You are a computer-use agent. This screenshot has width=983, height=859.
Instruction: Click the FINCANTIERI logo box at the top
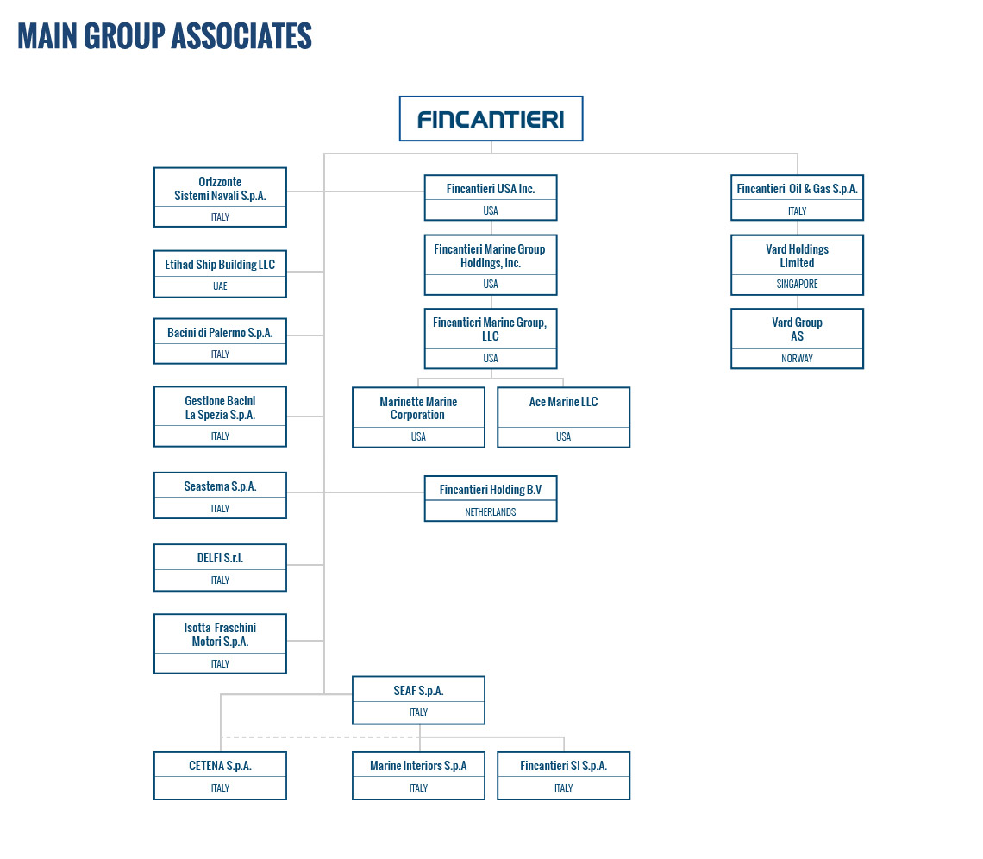[491, 118]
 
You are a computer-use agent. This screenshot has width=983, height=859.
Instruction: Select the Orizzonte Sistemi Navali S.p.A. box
[220, 197]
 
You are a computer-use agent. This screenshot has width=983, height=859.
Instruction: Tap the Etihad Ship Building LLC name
[220, 265]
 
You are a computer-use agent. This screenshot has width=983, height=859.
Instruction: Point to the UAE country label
[220, 286]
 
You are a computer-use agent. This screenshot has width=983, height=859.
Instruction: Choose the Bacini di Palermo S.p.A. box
[220, 341]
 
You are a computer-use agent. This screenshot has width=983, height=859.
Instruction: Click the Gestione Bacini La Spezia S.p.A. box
[220, 417]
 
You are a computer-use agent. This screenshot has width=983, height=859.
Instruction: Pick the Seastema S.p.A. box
[220, 495]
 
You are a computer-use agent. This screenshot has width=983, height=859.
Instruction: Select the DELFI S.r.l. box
[220, 567]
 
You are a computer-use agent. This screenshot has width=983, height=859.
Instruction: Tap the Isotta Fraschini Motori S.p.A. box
[220, 644]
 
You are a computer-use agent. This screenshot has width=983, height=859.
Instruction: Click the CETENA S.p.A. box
[220, 775]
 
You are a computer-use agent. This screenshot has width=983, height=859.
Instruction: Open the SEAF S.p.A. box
[418, 700]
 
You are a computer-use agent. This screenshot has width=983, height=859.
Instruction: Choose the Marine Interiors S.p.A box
[418, 775]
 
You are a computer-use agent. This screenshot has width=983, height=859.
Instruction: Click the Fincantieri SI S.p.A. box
[564, 775]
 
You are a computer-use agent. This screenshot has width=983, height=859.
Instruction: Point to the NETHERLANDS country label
[491, 512]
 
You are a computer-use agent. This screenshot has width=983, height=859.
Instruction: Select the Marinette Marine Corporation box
[418, 417]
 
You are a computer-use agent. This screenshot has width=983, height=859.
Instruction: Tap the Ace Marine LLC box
[564, 417]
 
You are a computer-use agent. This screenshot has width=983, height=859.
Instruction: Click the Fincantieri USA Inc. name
[491, 189]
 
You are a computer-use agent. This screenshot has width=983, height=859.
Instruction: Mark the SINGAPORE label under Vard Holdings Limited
[797, 284]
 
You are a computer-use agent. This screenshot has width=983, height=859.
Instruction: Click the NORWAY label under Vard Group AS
[797, 359]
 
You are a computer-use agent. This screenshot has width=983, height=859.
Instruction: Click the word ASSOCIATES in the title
[242, 35]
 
